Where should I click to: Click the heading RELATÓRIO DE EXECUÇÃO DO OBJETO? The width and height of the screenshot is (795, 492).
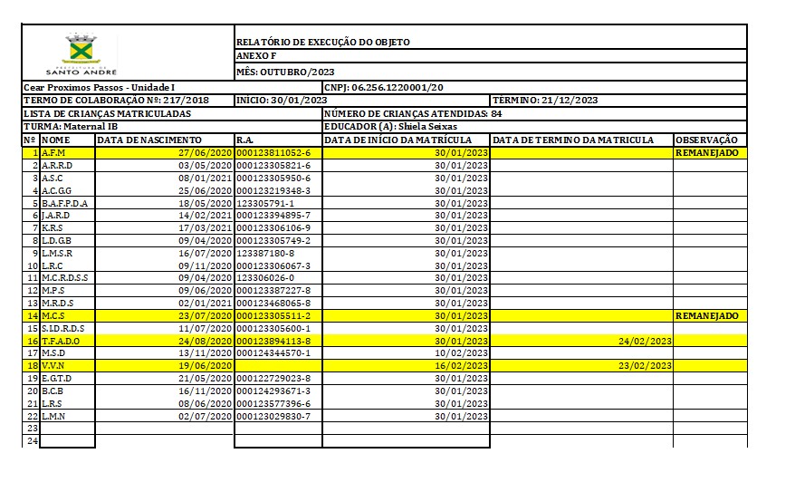322,42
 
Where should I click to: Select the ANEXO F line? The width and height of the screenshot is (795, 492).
256,56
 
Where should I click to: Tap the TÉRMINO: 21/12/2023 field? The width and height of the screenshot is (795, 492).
545,100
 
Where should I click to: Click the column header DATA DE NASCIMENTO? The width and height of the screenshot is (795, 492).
149,140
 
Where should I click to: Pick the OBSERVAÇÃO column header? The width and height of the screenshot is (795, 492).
708,140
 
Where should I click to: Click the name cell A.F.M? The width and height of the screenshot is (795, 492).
53,153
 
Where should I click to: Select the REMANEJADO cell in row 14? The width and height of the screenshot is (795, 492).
707,315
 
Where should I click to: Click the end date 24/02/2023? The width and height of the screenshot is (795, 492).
645,341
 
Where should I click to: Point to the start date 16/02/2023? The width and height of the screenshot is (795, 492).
462,365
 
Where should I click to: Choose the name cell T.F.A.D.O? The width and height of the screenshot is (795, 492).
61,341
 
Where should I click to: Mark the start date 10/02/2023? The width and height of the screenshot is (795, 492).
462,352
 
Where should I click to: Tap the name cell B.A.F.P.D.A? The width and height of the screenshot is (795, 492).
65,203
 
